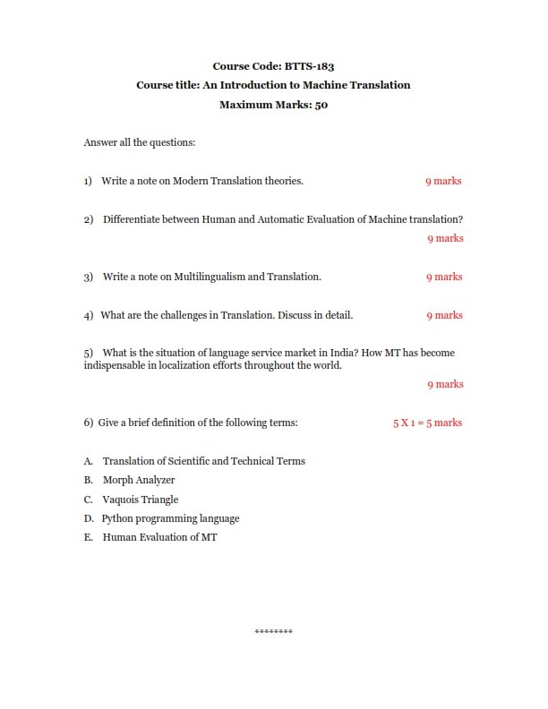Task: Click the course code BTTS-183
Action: tap(310, 65)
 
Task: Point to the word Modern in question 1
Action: tap(190, 181)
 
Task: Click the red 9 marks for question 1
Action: tap(443, 181)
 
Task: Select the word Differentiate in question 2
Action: tap(133, 219)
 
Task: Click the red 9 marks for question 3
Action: tap(444, 277)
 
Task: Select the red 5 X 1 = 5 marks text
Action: tap(427, 423)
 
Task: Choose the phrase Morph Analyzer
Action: tap(139, 480)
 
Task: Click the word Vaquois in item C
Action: tap(121, 500)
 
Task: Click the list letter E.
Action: tap(88, 538)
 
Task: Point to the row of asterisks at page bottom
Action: tap(274, 633)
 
